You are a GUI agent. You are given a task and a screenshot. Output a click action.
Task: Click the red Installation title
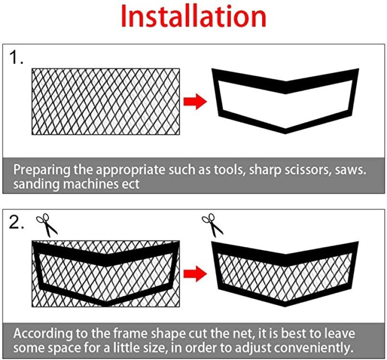[193, 16]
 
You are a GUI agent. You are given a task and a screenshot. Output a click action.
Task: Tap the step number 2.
[16, 222]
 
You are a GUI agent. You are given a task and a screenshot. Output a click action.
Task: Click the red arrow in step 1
[195, 101]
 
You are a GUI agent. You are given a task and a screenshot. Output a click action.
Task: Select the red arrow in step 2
[195, 274]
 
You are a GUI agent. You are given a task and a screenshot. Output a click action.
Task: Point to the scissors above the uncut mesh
[47, 225]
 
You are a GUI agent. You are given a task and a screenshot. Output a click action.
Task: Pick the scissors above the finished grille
[212, 225]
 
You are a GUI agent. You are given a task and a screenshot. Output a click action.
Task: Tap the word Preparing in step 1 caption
[41, 170]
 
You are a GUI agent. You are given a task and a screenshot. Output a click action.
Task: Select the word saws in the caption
[351, 170]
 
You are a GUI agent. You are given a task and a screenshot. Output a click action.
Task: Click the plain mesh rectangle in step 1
[106, 101]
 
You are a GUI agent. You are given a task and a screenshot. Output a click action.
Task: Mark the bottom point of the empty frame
[285, 133]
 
